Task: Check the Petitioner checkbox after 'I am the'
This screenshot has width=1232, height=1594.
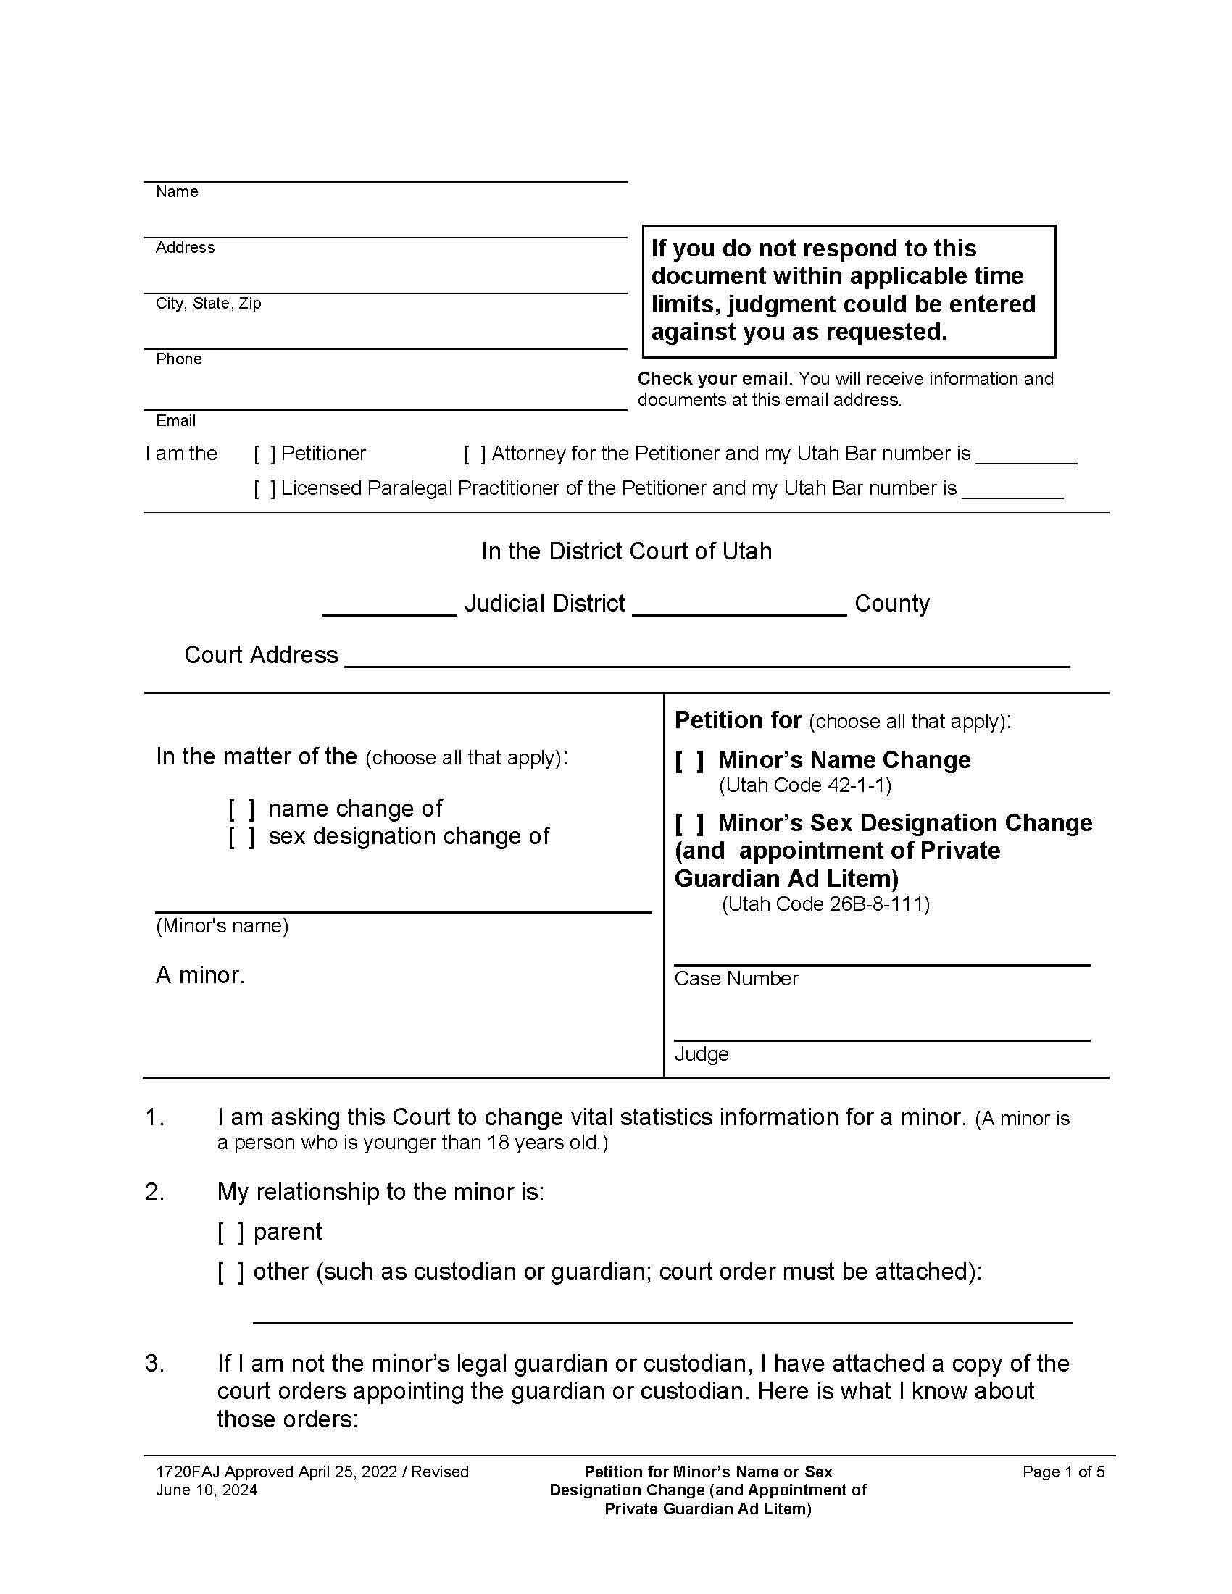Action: (x=265, y=454)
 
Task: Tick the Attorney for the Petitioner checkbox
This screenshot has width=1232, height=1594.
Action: (x=475, y=454)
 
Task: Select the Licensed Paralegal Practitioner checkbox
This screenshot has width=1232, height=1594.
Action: (x=265, y=488)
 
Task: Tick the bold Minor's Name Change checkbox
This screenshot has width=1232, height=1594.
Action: (x=689, y=761)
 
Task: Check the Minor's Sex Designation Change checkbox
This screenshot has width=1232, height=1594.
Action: (x=689, y=823)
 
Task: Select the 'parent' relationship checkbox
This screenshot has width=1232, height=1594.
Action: (x=230, y=1232)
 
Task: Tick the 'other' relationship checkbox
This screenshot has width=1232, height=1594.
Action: (x=230, y=1272)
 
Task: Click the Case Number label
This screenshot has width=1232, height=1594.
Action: (x=736, y=979)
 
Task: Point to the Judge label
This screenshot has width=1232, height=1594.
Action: (x=702, y=1054)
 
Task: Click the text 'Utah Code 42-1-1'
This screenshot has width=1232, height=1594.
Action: (x=805, y=785)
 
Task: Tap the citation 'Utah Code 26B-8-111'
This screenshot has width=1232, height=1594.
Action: (x=825, y=904)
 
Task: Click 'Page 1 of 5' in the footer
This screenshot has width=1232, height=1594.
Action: (x=1063, y=1472)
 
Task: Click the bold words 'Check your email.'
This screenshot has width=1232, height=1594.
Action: (x=715, y=379)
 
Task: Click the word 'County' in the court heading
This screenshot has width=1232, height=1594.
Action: (x=892, y=604)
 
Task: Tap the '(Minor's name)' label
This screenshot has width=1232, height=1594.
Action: (x=222, y=926)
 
